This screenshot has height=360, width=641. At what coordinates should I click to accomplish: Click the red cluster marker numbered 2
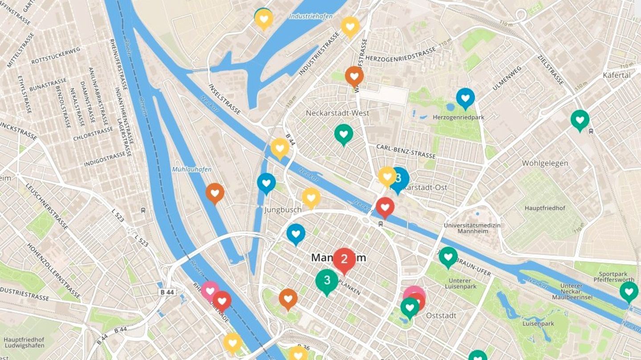point(344,259)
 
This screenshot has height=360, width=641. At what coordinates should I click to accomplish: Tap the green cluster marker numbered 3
point(327,280)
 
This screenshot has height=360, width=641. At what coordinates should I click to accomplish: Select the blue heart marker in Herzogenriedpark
point(465,97)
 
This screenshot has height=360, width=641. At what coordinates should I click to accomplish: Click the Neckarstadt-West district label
point(337,113)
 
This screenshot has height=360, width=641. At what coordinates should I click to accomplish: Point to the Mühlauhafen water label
point(191,170)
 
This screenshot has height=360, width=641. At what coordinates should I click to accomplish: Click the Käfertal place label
point(617,75)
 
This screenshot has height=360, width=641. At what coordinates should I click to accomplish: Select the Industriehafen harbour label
point(304,16)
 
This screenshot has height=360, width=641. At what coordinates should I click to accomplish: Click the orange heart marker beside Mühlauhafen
point(215,192)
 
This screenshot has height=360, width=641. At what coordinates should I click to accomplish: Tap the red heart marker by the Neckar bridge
point(385,206)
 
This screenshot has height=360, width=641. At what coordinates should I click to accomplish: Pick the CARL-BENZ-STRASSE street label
point(406,151)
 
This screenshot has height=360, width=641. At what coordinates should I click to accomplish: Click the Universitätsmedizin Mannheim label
point(472,229)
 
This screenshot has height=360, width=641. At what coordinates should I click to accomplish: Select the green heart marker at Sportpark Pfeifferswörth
point(629,291)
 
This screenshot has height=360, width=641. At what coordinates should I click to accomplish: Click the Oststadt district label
point(441,316)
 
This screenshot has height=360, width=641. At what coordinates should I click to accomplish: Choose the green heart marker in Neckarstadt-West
point(344,133)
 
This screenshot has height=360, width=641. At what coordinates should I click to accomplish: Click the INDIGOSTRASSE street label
point(105,159)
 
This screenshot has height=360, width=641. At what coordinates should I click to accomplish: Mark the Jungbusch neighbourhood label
point(283,210)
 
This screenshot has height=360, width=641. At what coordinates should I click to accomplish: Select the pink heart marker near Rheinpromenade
point(210,290)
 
